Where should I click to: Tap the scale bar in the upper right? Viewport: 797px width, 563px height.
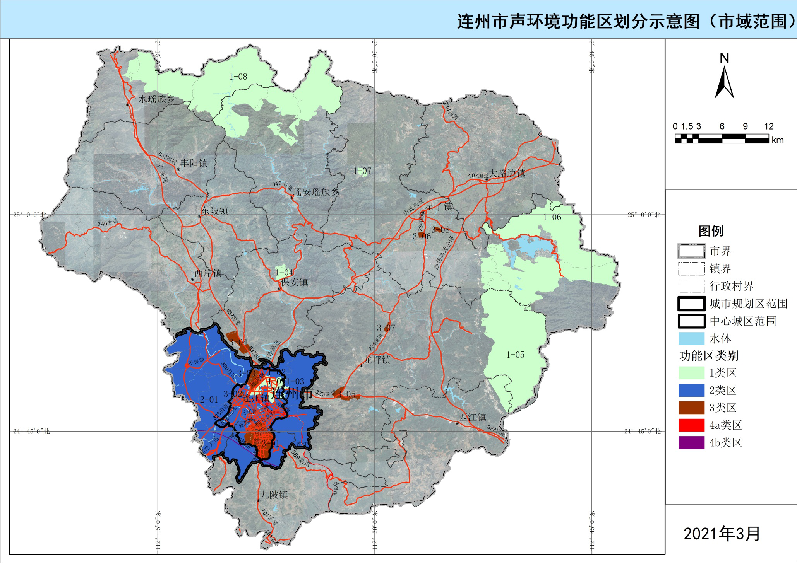[x=722, y=138]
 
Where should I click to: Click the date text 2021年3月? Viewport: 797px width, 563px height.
[x=722, y=534]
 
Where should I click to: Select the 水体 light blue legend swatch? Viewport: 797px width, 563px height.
[x=691, y=338]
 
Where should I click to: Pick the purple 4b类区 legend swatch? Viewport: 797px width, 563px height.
[x=691, y=442]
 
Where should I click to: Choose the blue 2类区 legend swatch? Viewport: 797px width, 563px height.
[x=691, y=390]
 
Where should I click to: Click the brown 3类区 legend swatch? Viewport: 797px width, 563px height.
[x=691, y=408]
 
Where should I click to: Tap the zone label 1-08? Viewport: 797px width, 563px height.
[x=238, y=77]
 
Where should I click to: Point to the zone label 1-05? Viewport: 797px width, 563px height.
[x=515, y=355]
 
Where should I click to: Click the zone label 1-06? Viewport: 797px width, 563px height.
[x=552, y=217]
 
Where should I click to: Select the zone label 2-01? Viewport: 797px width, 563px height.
[x=209, y=399]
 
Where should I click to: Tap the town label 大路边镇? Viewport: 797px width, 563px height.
[x=507, y=173]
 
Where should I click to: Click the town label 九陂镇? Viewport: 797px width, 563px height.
[x=274, y=495]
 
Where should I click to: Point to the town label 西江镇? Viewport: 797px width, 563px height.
[x=472, y=417]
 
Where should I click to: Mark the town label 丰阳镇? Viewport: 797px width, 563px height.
[x=194, y=163]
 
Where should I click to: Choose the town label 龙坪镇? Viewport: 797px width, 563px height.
[x=377, y=360]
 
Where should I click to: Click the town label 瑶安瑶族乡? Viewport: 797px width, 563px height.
[x=316, y=192]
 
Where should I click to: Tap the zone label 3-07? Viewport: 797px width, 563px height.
[x=386, y=328]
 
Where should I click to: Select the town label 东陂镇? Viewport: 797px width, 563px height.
[x=214, y=211]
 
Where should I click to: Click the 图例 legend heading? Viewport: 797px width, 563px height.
[x=711, y=231]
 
